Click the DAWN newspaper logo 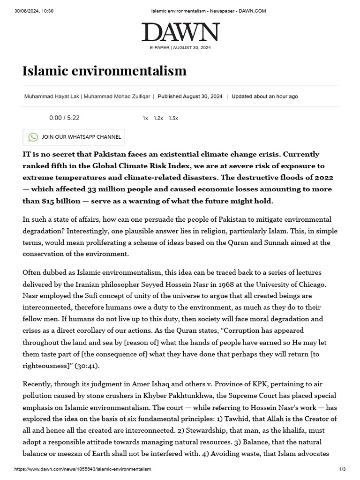pos(180,32)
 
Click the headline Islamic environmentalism pos(105,71)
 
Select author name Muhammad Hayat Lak pos(52,97)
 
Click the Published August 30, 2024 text pos(190,97)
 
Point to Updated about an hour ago pos(264,97)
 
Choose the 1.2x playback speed pos(158,119)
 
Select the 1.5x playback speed pos(173,119)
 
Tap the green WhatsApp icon pos(33,137)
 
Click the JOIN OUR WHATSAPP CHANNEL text pos(81,137)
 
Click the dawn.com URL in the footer pos(83,469)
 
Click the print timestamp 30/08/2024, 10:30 pos(34,11)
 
